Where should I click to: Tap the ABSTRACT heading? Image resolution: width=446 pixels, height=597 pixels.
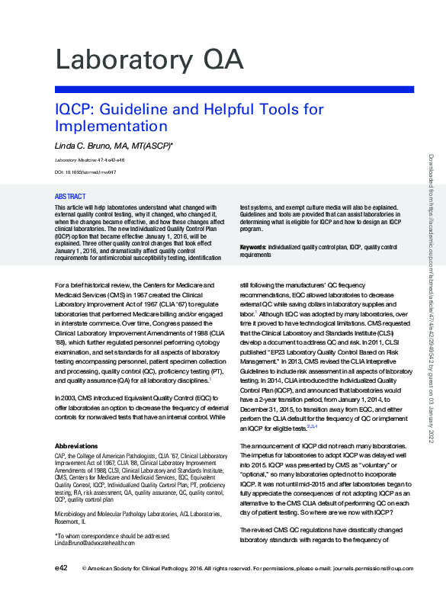(70, 196)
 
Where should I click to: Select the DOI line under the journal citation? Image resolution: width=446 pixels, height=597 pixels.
(85, 172)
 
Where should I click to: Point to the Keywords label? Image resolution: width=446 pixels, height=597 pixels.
(254, 248)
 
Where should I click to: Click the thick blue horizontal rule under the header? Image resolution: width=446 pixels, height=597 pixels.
(234, 89)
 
